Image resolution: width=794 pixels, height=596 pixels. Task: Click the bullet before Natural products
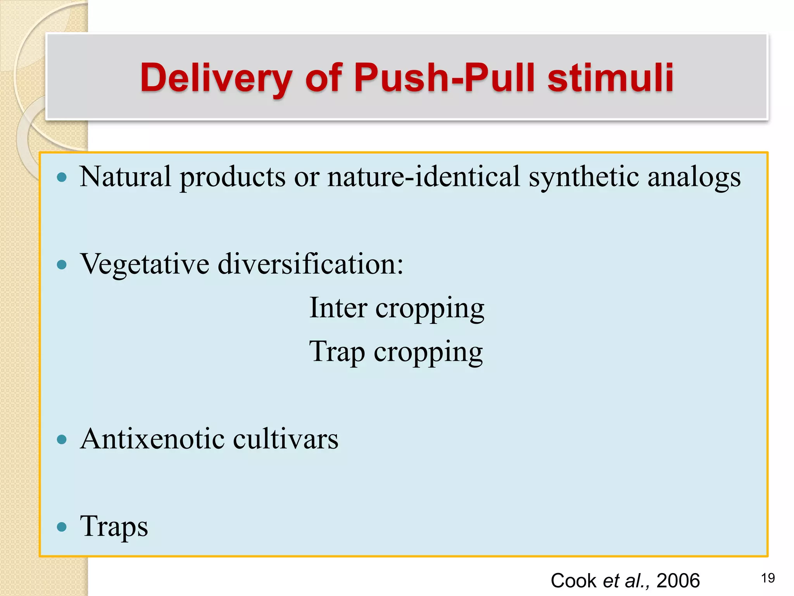pos(62,178)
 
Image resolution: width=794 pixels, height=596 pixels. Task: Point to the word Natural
pos(125,177)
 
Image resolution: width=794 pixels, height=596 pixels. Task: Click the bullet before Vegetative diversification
pos(62,265)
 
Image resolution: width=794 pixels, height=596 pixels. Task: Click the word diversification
pos(311,264)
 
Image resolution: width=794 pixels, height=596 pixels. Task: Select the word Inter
pos(338,307)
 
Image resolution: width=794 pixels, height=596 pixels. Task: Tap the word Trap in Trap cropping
pos(337,352)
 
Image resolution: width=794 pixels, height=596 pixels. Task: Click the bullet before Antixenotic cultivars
pos(62,440)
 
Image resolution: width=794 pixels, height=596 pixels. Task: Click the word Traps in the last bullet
pos(114,527)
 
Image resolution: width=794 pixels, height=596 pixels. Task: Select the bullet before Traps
pos(62,527)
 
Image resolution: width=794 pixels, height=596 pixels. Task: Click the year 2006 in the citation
pos(678,581)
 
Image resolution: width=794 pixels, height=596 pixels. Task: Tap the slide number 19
pos(768,578)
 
